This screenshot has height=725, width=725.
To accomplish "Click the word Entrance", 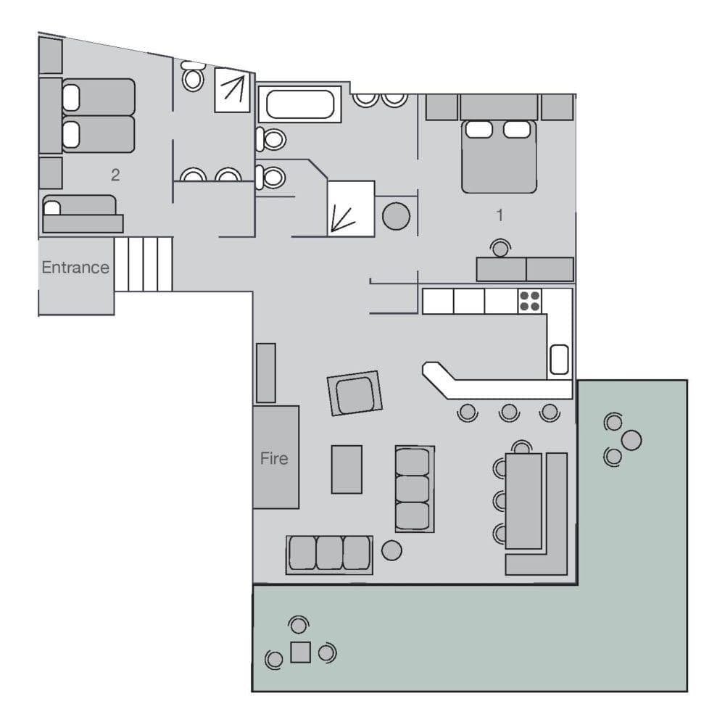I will [75, 268].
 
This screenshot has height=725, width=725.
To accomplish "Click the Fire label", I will [274, 458].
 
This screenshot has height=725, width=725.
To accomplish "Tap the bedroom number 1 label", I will [499, 215].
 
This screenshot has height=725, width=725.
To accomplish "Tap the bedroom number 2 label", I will [115, 175].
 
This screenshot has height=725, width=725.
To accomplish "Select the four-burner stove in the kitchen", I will [529, 301].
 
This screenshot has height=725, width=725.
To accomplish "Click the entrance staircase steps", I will [143, 264].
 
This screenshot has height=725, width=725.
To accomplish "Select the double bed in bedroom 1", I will [499, 155].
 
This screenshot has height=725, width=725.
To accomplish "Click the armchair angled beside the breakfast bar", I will [355, 394].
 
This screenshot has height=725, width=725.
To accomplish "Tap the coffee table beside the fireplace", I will [347, 469].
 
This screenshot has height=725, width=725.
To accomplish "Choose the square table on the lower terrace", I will [300, 652].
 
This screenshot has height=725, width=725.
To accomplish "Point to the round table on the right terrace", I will [631, 439].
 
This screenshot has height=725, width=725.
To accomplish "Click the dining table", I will [524, 500].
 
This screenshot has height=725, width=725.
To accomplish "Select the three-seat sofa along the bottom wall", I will [330, 554].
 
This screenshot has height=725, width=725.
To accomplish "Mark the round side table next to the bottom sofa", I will [391, 550].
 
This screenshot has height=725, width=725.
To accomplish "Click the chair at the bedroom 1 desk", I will [500, 249].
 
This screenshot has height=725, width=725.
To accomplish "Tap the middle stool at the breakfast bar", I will [510, 413].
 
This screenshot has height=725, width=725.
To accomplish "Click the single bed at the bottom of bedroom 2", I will [81, 213].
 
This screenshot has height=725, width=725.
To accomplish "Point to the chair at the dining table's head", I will [521, 447].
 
